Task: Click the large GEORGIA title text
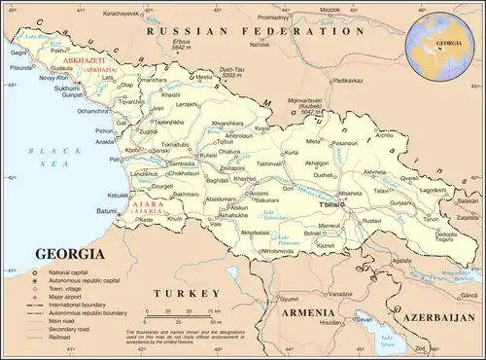click(71, 254)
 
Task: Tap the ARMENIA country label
click(308, 313)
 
